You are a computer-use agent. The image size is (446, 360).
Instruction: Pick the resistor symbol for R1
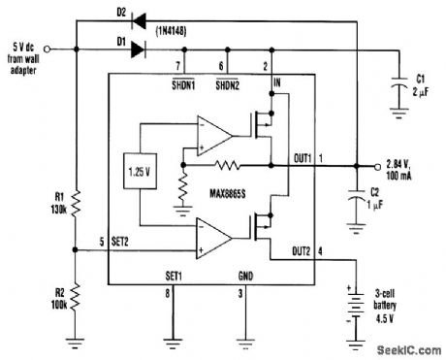tap(75, 204)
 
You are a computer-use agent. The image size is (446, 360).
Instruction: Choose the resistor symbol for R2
tap(75, 293)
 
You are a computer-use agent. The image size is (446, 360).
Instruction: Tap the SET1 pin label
tap(175, 276)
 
